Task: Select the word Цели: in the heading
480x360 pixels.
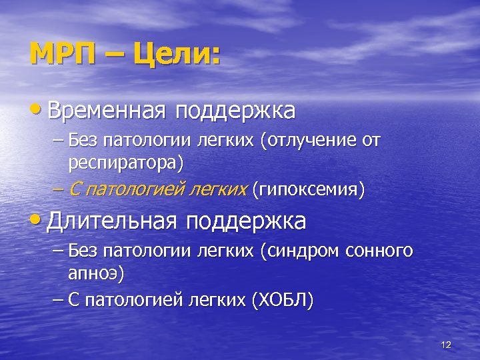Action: pos(176,53)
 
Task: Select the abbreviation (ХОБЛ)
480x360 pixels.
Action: pos(282,300)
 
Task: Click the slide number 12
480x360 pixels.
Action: pos(446,345)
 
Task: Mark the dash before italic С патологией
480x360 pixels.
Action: pos(57,189)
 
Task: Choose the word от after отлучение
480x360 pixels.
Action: pos(370,141)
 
